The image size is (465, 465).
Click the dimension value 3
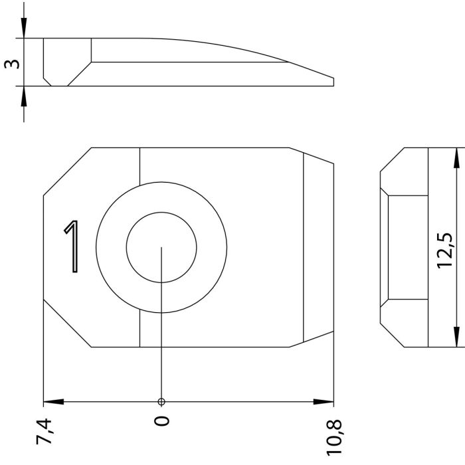pos(12,64)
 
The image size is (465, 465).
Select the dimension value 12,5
pos(445,250)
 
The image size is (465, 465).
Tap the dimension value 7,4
pos(44,432)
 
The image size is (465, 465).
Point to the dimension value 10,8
pos(333,438)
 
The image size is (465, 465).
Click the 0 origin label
pos(162,420)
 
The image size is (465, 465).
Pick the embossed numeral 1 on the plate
pos(72,246)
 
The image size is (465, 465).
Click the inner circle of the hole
pos(161,213)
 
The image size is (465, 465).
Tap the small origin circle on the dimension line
pos(161,402)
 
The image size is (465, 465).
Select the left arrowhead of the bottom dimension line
pos(54,402)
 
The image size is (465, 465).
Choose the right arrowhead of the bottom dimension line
pos(324,402)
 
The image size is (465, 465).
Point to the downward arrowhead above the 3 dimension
pos(24,28)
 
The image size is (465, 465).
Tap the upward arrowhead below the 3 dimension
pos(24,96)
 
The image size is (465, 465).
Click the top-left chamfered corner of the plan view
pos(67,171)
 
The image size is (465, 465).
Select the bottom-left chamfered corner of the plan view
pos(67,324)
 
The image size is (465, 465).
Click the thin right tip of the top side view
pos(333,82)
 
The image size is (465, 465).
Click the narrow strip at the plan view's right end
pos(319,247)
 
